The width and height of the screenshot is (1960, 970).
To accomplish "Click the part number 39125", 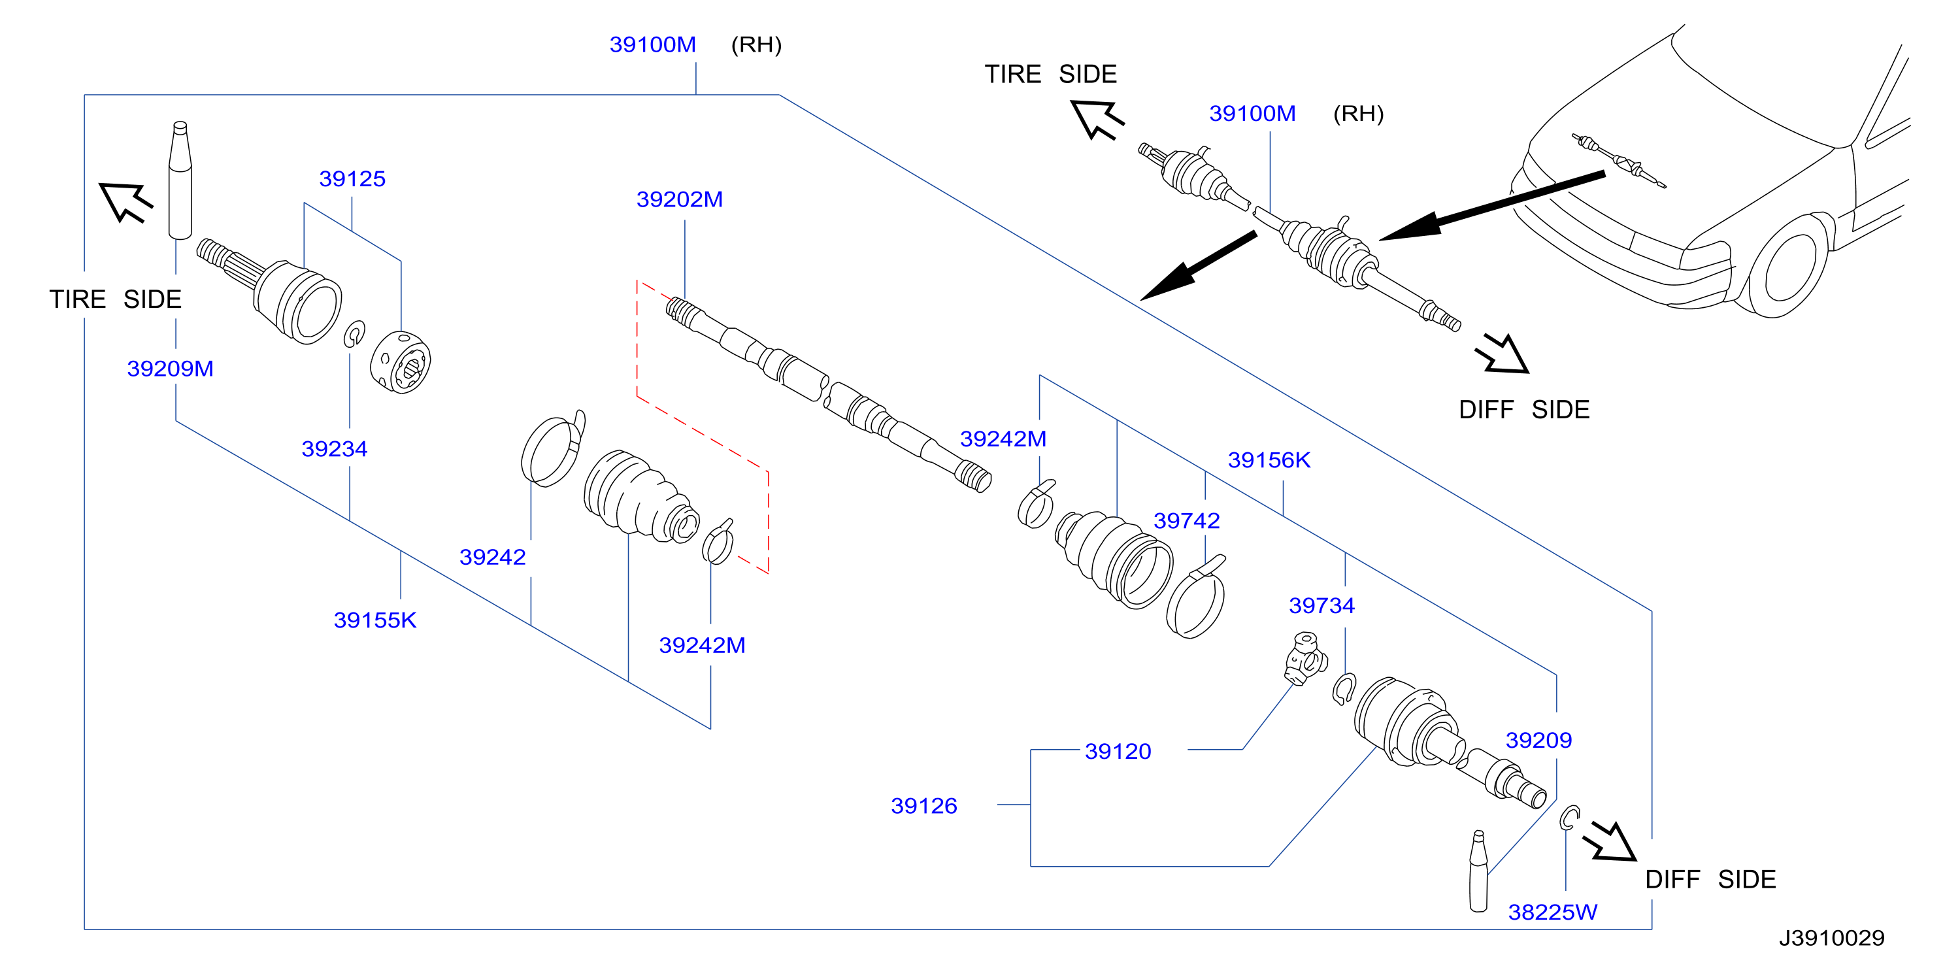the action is coord(352,179).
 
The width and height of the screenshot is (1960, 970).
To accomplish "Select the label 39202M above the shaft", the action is coord(680,199).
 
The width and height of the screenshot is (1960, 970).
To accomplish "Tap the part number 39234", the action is coord(335,449).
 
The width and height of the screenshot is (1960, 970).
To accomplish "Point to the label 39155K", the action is coord(375,620).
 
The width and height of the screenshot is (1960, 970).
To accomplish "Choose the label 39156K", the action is coord(1269,460).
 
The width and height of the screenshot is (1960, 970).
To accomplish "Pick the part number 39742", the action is coord(1187,520).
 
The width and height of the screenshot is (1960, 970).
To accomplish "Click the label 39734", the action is coord(1321,605).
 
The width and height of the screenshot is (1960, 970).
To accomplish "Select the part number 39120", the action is coord(1118,751).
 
